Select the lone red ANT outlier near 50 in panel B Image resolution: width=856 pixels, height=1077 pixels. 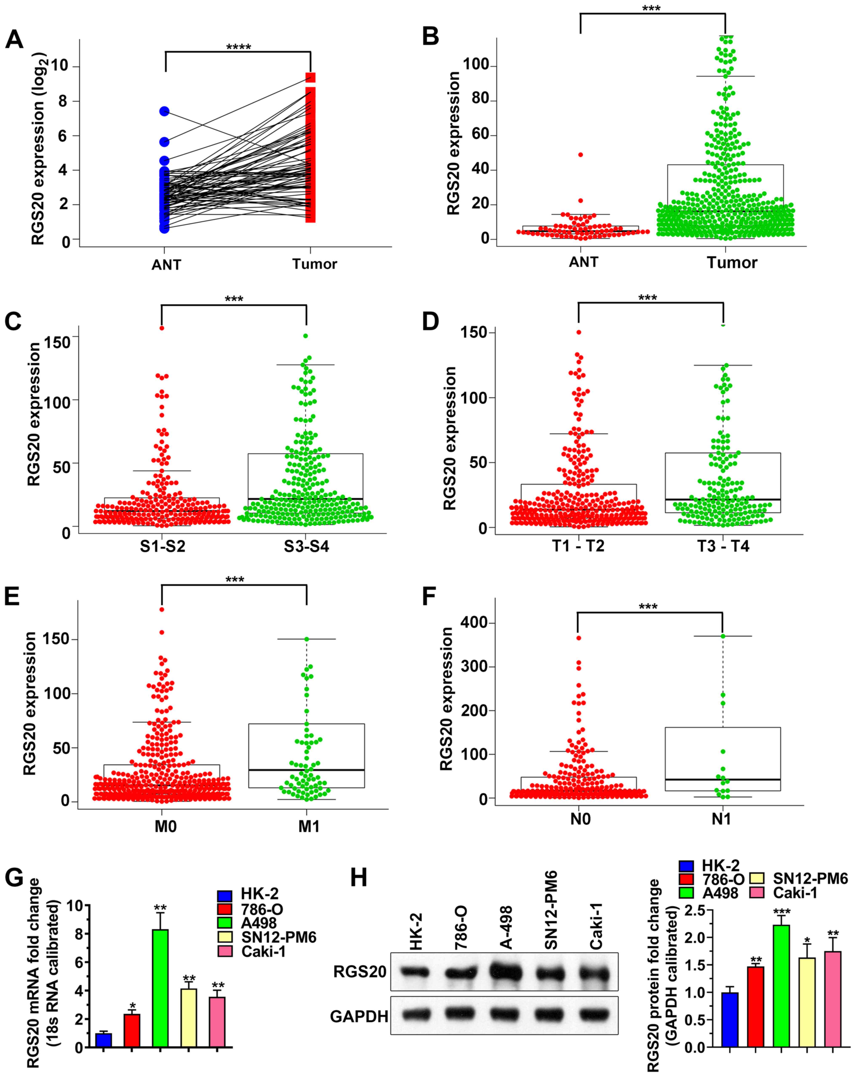(x=580, y=155)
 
